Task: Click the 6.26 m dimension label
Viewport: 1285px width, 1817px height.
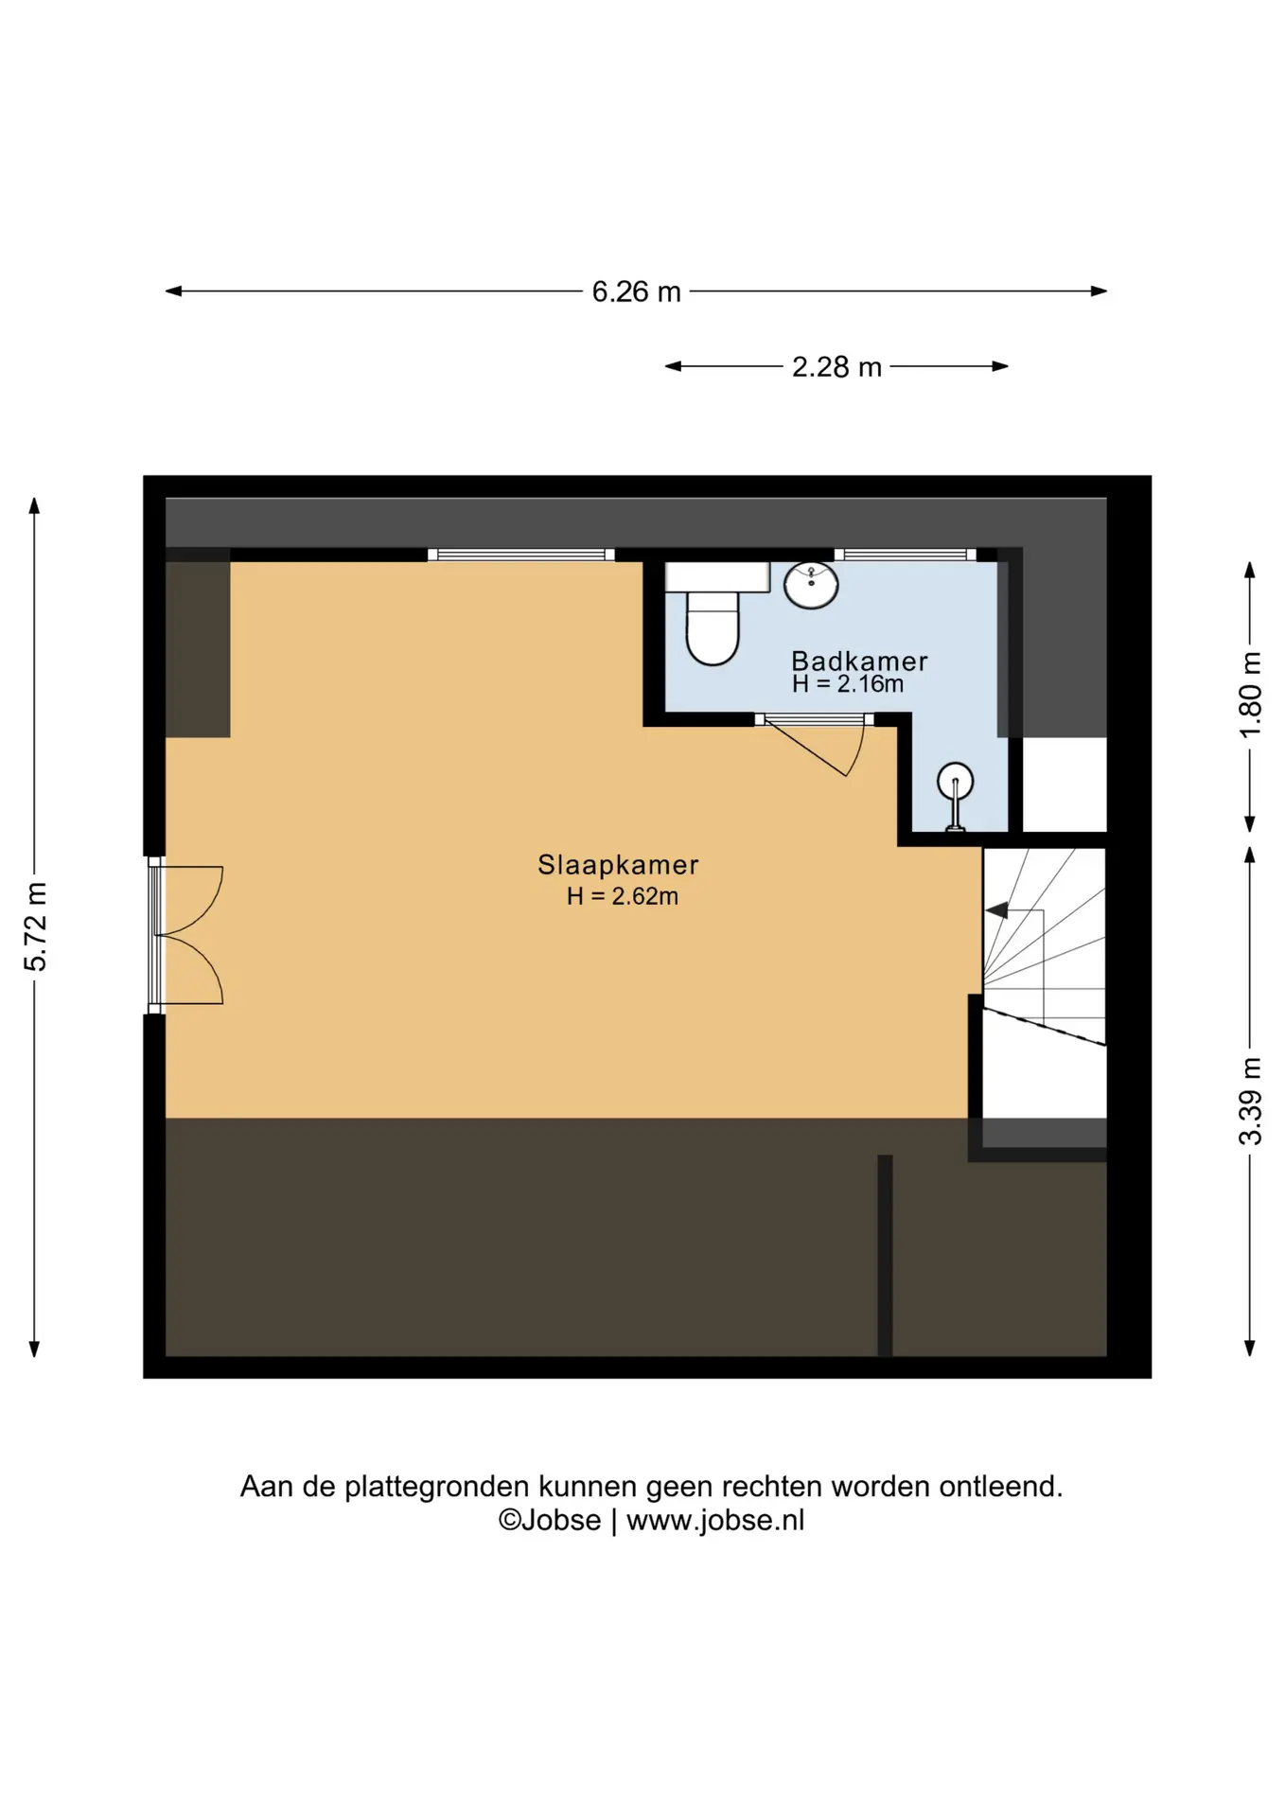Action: pos(636,291)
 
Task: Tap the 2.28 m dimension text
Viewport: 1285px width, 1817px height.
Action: pos(836,366)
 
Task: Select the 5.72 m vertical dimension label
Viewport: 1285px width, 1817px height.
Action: pos(35,926)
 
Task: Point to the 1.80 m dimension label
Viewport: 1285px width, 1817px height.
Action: pos(1250,695)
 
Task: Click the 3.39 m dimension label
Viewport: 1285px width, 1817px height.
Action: pos(1250,1102)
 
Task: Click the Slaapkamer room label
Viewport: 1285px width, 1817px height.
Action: pos(618,864)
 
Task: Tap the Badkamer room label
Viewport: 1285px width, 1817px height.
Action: pos(859,661)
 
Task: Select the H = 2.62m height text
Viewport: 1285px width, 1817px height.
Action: pos(623,896)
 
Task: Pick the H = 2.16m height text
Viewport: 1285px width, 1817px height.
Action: pos(848,683)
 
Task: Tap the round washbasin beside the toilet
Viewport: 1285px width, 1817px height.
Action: pos(811,585)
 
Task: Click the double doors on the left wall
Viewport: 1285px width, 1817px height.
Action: pos(187,935)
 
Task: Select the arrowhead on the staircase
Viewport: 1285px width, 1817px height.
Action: pos(995,910)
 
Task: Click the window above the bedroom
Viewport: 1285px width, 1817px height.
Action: pos(521,555)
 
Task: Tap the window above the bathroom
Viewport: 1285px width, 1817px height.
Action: pos(906,555)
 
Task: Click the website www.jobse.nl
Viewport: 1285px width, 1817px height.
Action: pos(715,1520)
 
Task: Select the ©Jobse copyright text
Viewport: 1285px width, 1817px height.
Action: pos(550,1520)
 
